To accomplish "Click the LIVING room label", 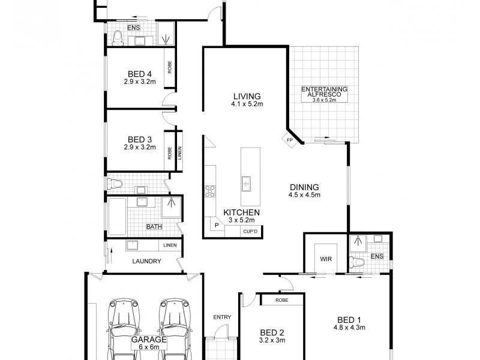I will [x=247, y=96].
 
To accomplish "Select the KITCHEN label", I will [x=241, y=212].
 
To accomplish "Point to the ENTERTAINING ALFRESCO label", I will [x=325, y=92].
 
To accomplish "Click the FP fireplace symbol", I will [x=289, y=140].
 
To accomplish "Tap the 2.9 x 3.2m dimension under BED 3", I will [x=140, y=147].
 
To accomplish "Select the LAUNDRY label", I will [x=146, y=261].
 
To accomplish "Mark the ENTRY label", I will [x=221, y=317].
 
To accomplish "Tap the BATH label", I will [x=154, y=227].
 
